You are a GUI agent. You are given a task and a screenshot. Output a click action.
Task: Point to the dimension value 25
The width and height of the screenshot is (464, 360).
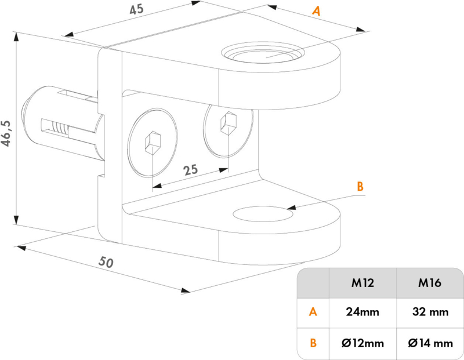tap(190, 170)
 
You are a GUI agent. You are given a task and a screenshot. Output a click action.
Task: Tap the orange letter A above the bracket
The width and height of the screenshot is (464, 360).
tap(316, 11)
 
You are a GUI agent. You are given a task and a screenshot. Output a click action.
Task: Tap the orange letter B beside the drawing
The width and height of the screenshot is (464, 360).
tap(360, 187)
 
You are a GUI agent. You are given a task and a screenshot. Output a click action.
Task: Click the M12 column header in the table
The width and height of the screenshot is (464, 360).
tap(362, 283)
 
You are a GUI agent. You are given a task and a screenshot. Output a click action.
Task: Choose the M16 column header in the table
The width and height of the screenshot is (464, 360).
tap(430, 283)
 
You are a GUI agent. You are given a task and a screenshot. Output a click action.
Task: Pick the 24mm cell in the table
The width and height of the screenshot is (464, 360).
tap(362, 312)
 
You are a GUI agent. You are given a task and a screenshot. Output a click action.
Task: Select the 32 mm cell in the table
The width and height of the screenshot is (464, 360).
tap(430, 312)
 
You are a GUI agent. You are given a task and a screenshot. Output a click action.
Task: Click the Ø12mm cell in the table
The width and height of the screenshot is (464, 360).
tap(362, 343)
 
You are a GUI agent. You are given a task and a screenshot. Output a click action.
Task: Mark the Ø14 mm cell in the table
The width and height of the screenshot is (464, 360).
tap(430, 343)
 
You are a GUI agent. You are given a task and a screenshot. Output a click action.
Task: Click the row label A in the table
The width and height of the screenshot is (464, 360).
tap(313, 312)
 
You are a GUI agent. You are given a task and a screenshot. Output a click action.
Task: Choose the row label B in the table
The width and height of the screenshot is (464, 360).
tap(313, 343)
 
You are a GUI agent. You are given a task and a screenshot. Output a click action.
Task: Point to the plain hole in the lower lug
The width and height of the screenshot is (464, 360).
tap(263, 214)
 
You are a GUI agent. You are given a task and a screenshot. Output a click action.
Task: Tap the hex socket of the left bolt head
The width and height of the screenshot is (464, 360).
tap(153, 143)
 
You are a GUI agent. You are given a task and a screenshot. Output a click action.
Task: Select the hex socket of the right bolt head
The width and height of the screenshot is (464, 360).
tap(228, 123)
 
